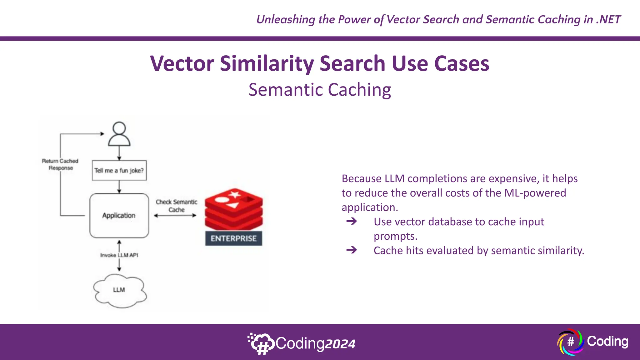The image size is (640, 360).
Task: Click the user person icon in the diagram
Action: pos(119,134)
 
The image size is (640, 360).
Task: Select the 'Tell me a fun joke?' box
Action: pos(119,171)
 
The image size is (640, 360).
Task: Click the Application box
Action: pos(119,216)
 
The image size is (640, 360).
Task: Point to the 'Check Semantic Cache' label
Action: pos(177,206)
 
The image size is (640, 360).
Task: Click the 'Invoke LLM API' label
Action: pos(119,255)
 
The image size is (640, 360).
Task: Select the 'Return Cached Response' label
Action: pos(60,164)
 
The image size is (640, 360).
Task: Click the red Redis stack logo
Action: pos(234,209)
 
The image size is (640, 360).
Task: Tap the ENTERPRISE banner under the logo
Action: pos(234,239)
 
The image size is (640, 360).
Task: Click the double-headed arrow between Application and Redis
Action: pos(175,215)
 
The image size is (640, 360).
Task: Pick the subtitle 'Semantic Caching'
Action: pos(320,90)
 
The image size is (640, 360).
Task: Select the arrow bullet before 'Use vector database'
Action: pos(352,222)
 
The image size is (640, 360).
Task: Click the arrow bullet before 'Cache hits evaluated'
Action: pos(352,250)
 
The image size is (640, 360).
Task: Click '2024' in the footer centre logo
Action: pos(340,344)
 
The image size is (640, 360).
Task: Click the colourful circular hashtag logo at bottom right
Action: pos(570,342)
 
